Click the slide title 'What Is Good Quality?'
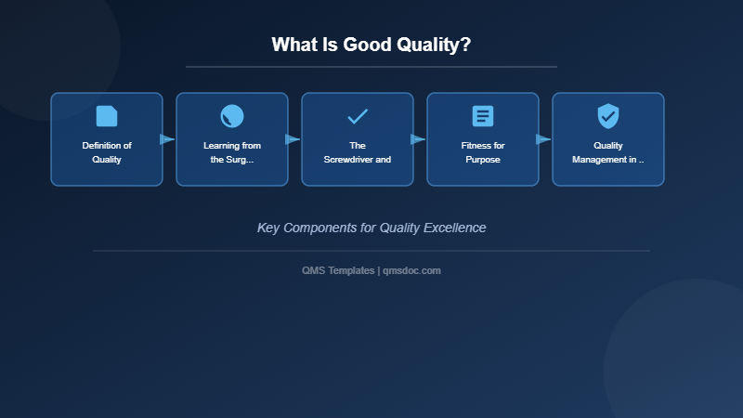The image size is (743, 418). [371, 45]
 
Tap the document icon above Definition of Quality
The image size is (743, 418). [107, 116]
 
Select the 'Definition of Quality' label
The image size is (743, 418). [107, 152]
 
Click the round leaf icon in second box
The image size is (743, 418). [232, 116]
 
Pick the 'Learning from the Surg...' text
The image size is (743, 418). [232, 152]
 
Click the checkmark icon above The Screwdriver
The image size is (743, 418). [358, 116]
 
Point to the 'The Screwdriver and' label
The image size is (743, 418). [358, 152]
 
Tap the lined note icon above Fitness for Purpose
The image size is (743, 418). [483, 116]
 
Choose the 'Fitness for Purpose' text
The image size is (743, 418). [483, 152]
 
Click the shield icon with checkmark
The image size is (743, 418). [608, 116]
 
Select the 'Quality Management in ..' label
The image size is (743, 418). [608, 152]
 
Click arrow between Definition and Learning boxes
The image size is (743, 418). [167, 139]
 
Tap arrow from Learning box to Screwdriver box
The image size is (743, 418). [293, 139]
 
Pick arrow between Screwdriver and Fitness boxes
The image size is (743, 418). [418, 139]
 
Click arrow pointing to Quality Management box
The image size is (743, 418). [543, 139]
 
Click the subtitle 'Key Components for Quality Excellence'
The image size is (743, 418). [371, 228]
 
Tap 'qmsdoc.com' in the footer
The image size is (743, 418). [411, 270]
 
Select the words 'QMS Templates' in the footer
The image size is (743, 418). [338, 270]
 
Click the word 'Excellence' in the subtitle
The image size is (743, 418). [454, 228]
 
